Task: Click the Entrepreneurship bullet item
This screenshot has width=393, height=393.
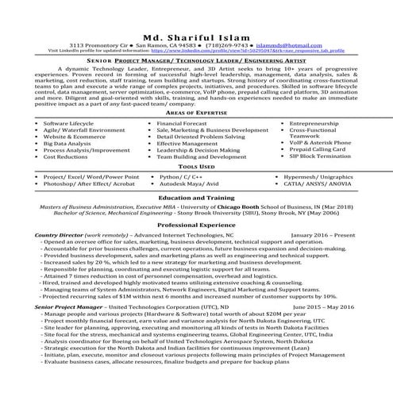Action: click(318, 125)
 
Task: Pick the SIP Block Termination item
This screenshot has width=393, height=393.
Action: click(322, 157)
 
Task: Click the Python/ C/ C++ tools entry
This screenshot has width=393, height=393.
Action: click(179, 176)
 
